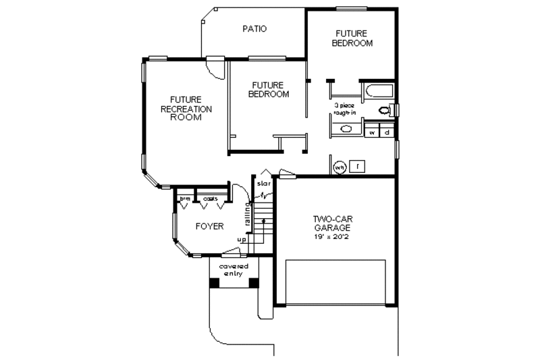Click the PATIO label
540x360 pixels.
coord(254,29)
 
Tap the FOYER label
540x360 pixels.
coord(209,226)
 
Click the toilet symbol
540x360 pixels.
coord(386,110)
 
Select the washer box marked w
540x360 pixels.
coord(372,132)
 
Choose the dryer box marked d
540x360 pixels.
coord(387,132)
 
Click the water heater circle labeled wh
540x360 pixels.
coord(340,167)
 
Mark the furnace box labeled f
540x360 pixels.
coord(358,165)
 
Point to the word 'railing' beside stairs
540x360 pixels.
coord(248,215)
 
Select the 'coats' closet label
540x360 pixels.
coord(211,199)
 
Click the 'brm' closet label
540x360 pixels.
coord(184,199)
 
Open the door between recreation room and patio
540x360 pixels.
coord(215,66)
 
